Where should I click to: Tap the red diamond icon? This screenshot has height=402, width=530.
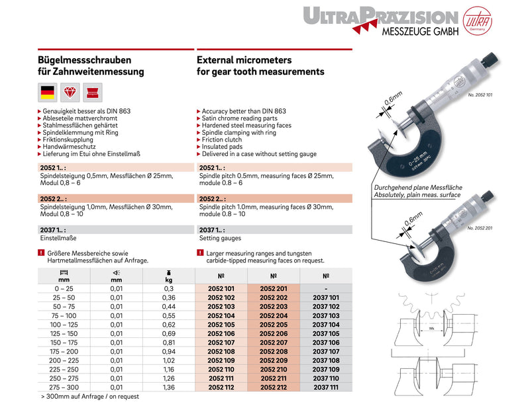click(70, 93)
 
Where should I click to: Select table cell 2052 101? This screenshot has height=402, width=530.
click(221, 289)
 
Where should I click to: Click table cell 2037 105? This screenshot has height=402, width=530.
click(325, 333)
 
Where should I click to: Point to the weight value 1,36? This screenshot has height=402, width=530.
click(169, 387)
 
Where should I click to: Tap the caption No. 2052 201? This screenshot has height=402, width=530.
click(479, 228)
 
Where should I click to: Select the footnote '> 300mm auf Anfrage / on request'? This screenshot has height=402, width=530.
click(91, 396)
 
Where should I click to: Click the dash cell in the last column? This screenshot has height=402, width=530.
click(325, 289)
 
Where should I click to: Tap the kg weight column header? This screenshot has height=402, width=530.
click(169, 276)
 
